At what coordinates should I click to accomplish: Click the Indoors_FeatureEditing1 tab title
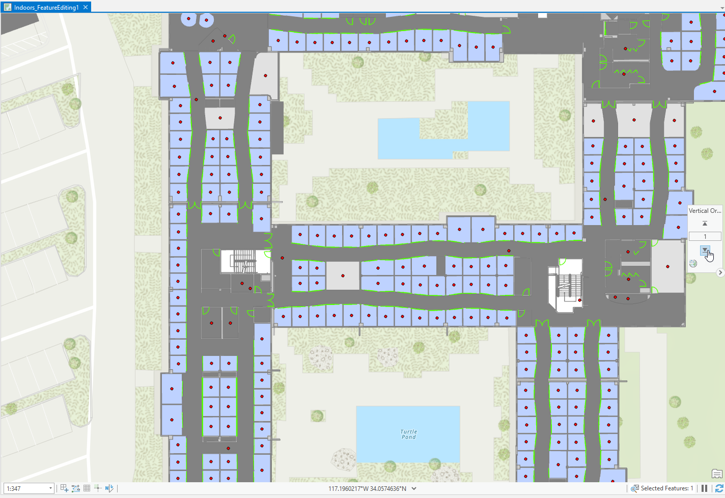(46, 8)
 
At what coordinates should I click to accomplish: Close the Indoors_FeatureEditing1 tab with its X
(86, 7)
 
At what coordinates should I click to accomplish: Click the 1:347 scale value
(25, 488)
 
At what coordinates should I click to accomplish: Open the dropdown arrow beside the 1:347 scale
(50, 488)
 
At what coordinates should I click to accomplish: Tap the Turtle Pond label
(408, 434)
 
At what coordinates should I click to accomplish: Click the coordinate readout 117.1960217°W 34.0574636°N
(367, 488)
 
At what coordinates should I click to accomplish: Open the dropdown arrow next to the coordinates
(414, 488)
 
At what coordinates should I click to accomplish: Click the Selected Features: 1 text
(666, 488)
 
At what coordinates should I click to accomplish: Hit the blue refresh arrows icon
(719, 488)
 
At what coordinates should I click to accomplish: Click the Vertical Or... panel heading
(705, 211)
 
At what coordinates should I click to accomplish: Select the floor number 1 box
(705, 236)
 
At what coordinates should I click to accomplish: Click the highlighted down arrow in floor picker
(705, 250)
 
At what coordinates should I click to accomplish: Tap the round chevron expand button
(720, 272)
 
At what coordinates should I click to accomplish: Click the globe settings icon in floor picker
(693, 263)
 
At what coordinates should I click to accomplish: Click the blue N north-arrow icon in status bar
(109, 488)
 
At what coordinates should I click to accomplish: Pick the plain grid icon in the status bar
(87, 488)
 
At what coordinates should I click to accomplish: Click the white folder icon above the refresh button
(717, 474)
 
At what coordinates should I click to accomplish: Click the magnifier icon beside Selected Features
(634, 488)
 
